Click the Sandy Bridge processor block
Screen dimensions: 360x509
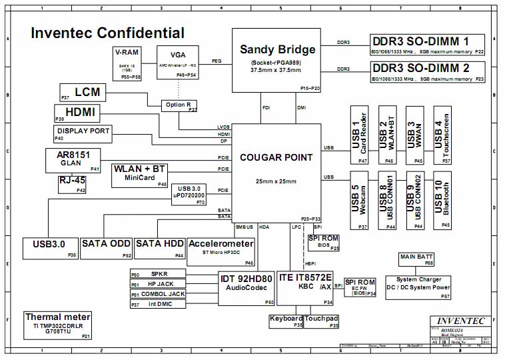point(280,60)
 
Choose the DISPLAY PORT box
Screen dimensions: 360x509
point(83,133)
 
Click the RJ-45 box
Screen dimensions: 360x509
point(73,185)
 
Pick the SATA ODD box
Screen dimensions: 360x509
point(107,248)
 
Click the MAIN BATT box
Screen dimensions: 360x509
point(416,259)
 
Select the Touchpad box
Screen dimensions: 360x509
point(322,321)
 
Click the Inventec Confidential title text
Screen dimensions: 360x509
point(108,33)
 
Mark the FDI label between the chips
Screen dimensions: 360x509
point(266,107)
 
